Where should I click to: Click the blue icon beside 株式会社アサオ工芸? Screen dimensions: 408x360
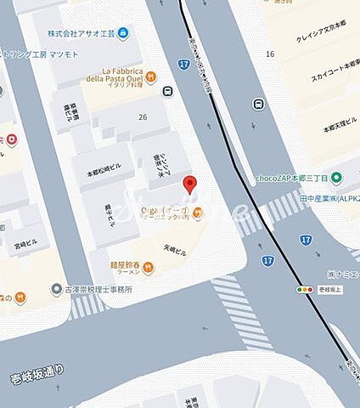pyautogui.click(x=124, y=33)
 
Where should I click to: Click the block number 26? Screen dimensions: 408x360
pyautogui.click(x=142, y=117)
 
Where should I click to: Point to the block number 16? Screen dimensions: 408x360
pyautogui.click(x=270, y=54)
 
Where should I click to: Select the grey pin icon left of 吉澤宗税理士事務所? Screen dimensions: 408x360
pyautogui.click(x=56, y=290)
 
